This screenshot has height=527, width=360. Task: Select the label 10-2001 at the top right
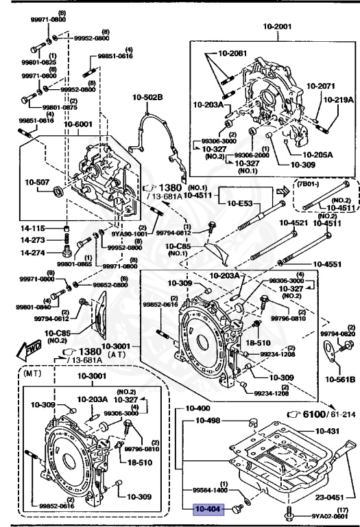[278, 27]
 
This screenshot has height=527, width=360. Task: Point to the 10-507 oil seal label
[38, 183]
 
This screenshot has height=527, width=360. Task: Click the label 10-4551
[328, 263]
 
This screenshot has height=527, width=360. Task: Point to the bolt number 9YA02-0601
[325, 515]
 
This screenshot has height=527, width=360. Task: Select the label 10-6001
[80, 124]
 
